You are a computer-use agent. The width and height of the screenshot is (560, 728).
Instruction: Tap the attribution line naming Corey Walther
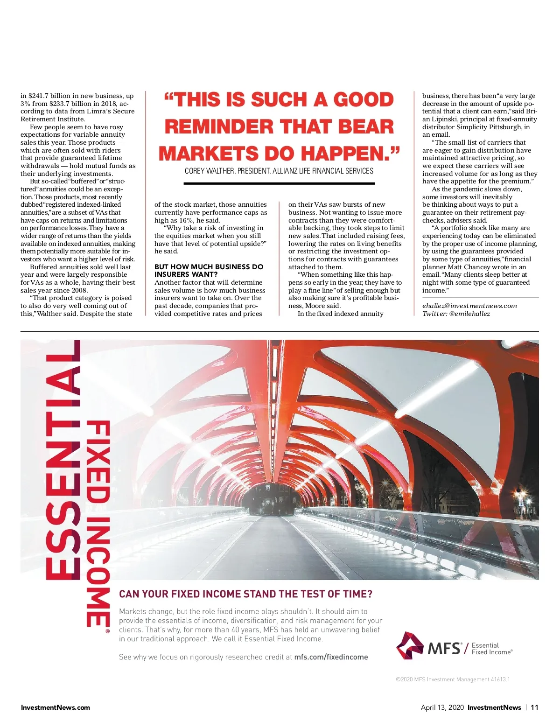[279, 171]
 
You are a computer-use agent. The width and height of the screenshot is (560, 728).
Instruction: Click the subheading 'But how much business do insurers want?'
[209, 270]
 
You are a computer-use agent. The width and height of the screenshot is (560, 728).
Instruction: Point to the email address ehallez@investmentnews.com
[469, 306]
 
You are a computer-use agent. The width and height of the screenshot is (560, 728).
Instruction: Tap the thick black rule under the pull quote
[279, 183]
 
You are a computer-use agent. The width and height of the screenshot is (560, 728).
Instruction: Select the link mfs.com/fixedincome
[331, 657]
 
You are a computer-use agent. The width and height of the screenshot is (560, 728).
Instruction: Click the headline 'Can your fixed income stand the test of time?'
[245, 594]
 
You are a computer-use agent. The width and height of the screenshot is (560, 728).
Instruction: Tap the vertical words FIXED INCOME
[98, 523]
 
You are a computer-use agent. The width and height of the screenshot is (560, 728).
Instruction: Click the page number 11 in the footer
[535, 707]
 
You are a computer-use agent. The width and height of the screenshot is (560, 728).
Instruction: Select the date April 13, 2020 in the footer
[442, 707]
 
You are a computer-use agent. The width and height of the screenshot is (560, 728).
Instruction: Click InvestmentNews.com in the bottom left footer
[56, 707]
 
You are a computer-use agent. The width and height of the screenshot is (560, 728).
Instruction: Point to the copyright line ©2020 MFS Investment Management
[452, 679]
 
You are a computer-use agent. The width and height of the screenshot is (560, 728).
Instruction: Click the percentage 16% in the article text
[186, 220]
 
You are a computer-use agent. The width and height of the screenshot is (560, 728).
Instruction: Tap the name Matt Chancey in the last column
[469, 267]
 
